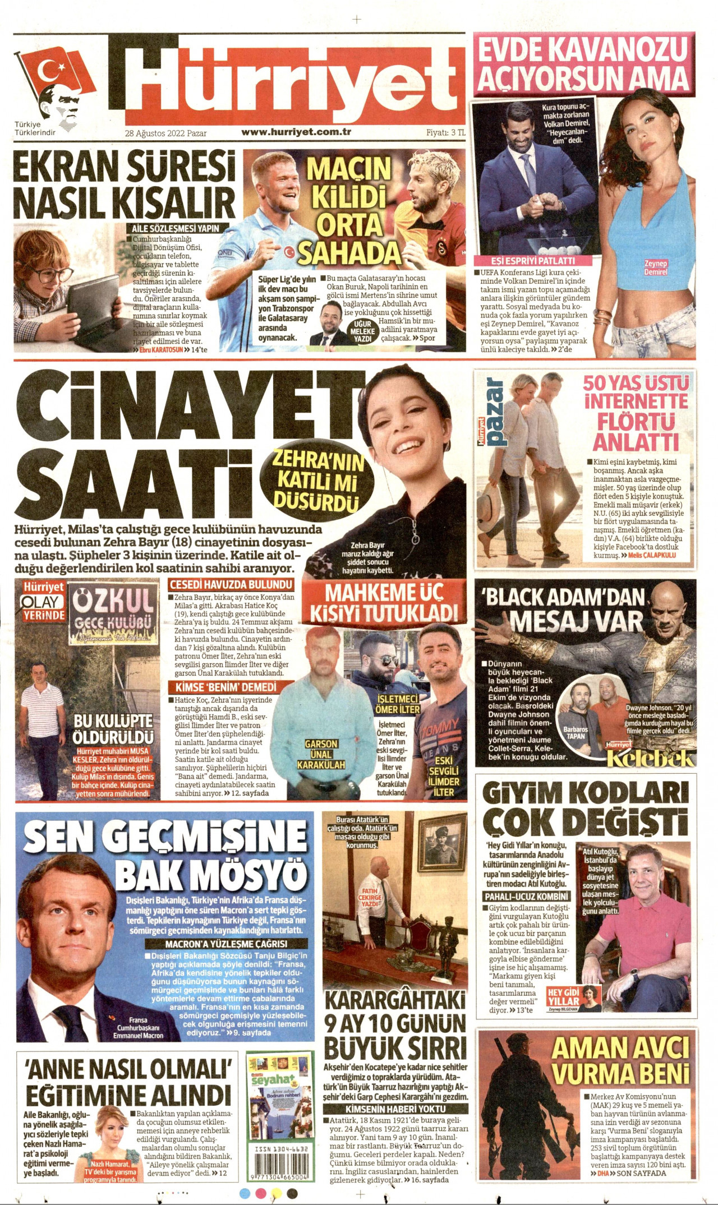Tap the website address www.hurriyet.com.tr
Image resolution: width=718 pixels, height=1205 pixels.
click(296, 133)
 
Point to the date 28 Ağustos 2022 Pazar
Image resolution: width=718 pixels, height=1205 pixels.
click(165, 133)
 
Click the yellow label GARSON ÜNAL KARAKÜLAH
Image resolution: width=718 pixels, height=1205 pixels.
click(321, 754)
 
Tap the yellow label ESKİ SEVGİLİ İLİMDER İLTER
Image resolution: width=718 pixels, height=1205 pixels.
click(444, 777)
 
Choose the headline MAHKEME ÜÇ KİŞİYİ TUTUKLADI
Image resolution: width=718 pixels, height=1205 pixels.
click(384, 602)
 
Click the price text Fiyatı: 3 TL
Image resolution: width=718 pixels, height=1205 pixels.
click(446, 133)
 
